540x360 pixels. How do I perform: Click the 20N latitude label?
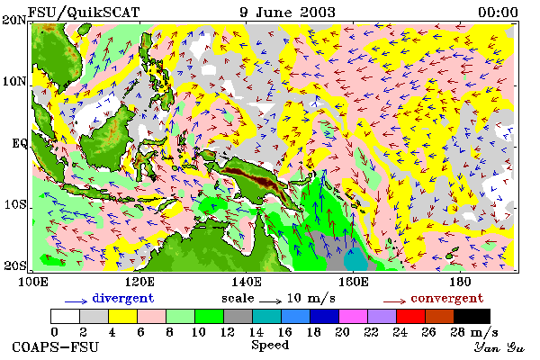[x=14, y=20]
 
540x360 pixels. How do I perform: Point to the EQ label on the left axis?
[x=20, y=143]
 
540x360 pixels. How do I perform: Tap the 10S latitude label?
[x=15, y=204]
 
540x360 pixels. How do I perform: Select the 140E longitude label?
[x=247, y=282]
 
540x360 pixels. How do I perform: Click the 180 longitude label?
[x=460, y=282]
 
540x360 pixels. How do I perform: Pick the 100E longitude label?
[x=32, y=282]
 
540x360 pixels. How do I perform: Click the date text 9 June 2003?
[x=288, y=13]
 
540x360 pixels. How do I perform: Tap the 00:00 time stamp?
[x=498, y=13]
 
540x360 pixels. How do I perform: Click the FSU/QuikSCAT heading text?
[x=84, y=13]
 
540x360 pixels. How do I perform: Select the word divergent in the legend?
[x=123, y=299]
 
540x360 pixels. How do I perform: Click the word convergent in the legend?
[x=447, y=299]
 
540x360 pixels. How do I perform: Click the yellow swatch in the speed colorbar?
[x=122, y=316]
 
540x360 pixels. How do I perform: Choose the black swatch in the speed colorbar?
[x=472, y=316]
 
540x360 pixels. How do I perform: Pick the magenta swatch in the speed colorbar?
[x=354, y=316]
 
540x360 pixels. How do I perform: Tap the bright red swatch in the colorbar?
[x=411, y=316]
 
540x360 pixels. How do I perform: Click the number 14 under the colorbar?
[x=256, y=332]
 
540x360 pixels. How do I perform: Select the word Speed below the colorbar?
[x=270, y=346]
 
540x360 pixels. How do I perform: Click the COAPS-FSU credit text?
[x=56, y=346]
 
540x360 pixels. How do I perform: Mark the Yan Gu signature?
[x=499, y=347]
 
